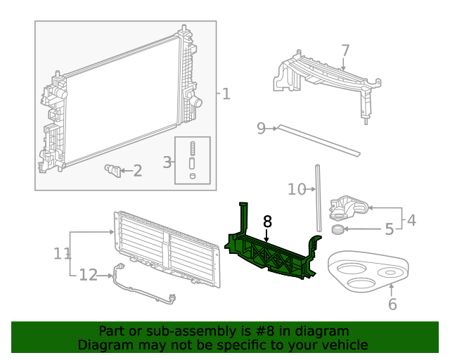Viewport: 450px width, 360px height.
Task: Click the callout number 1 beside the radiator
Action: pyautogui.click(x=226, y=94)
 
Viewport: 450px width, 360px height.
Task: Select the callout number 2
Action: pyautogui.click(x=137, y=170)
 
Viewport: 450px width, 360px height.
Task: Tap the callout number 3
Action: pyautogui.click(x=167, y=162)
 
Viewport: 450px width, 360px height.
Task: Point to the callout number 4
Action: pyautogui.click(x=411, y=220)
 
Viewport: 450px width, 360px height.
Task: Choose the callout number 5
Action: pyautogui.click(x=389, y=229)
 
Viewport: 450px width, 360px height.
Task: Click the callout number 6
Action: pyautogui.click(x=392, y=304)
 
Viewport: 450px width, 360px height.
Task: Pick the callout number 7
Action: pyautogui.click(x=345, y=51)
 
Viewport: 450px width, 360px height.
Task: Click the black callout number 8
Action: pyautogui.click(x=267, y=221)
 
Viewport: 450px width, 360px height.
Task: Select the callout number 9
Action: pyautogui.click(x=261, y=128)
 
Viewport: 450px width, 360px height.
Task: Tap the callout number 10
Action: pyautogui.click(x=297, y=188)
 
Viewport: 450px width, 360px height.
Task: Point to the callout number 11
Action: pyautogui.click(x=62, y=252)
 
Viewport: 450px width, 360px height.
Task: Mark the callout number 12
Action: pyautogui.click(x=88, y=275)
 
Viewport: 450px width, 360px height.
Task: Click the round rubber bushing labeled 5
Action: pyautogui.click(x=338, y=230)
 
